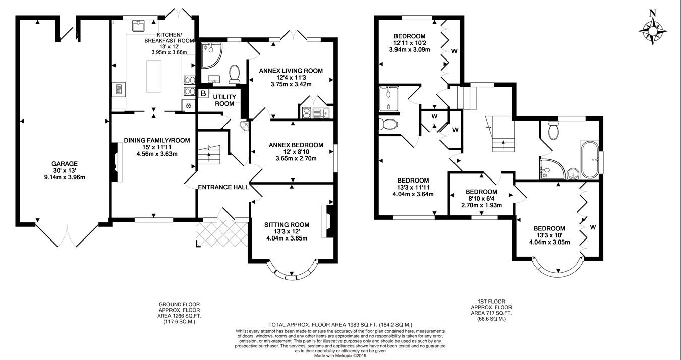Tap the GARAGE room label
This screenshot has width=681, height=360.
pos(65,164)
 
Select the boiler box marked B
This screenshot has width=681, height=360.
pos(203,93)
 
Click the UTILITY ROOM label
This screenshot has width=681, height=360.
pos(224,100)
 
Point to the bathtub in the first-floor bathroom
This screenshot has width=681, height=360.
pos(590,159)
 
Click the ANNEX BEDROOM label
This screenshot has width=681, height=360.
pos(296,145)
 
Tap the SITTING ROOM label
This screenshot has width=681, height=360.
pos(287,225)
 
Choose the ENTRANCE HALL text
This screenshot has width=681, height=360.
pos(223,187)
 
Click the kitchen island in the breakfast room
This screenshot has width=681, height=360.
pos(154,76)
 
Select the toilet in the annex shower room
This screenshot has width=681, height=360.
pos(235,74)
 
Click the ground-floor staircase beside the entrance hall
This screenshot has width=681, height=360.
pos(209,155)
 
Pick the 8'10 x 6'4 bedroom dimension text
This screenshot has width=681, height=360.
pos(481,198)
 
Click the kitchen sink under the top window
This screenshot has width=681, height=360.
pos(140,26)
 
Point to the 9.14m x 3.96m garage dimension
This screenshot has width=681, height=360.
pos(65,177)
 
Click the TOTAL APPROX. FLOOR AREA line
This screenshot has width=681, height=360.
pos(340,325)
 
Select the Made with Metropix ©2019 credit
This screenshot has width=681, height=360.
pos(340,356)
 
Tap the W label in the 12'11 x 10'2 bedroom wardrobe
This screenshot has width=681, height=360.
pos(454,51)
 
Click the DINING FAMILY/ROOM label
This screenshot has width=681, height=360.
pos(156,140)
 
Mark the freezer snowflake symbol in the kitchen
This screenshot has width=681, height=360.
pos(189,106)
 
